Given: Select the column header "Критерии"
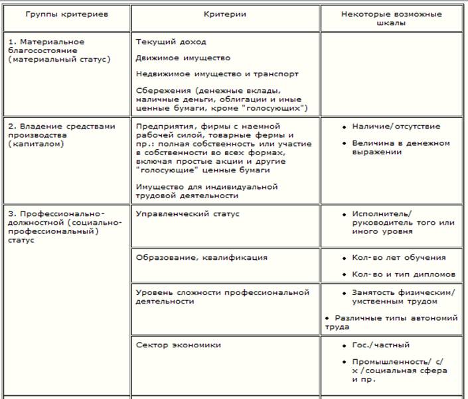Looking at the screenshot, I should [x=226, y=13].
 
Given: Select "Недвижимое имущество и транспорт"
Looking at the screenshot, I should [x=216, y=74].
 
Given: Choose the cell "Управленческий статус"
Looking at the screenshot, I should [x=187, y=214].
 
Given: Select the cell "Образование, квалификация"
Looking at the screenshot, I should [x=201, y=257].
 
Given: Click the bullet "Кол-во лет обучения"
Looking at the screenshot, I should [x=399, y=257].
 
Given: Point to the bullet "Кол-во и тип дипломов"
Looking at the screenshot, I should [x=404, y=274].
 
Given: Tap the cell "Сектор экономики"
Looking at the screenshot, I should [x=178, y=345].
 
